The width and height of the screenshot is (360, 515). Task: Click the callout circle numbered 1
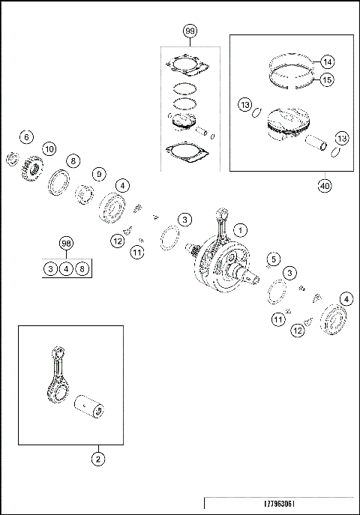pos(239,228)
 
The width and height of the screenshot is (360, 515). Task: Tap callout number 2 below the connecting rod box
pos(98,457)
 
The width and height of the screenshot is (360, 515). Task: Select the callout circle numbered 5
pos(273,259)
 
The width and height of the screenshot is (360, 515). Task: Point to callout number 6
pos(26,137)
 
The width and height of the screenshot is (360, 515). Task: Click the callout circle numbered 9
pos(97,174)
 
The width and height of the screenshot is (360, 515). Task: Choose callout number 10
pos(49,149)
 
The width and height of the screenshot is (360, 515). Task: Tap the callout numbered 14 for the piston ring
pos(327,61)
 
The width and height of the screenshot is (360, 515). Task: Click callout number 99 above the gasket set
pos(188,31)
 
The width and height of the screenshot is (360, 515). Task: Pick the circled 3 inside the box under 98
pos(50,268)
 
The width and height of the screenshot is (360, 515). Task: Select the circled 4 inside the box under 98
pos(66,268)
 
